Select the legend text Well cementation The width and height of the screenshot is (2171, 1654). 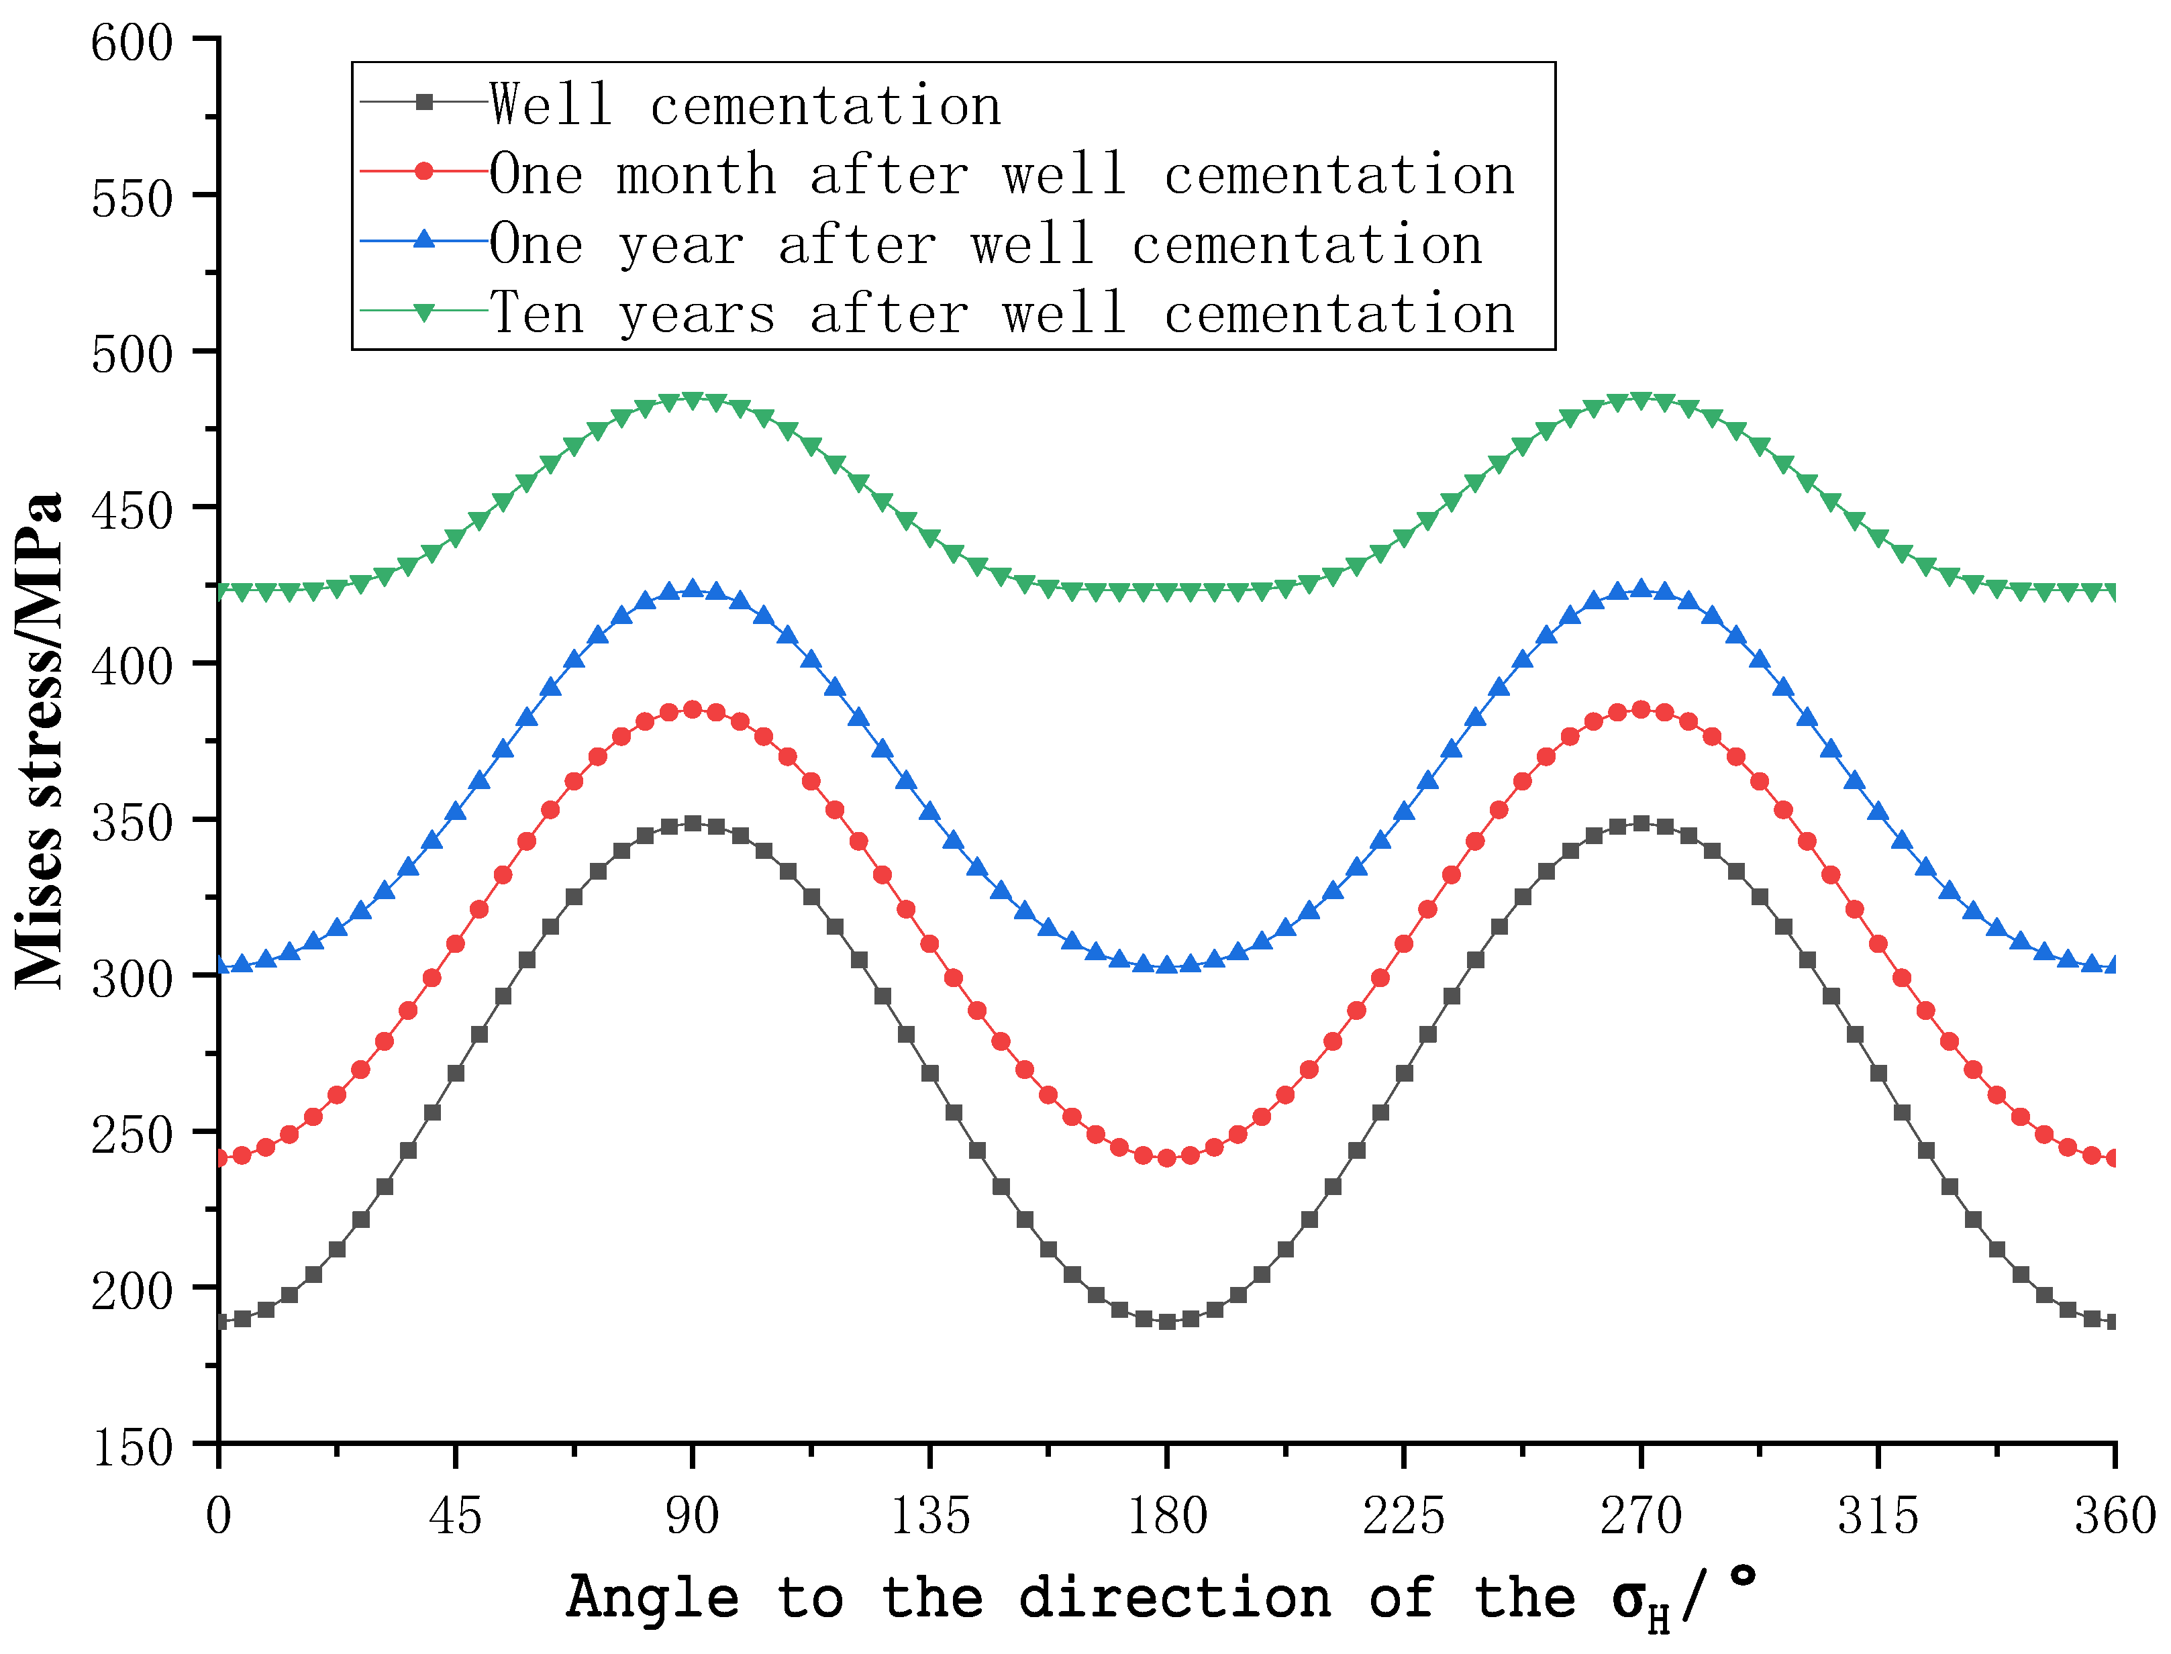[x=746, y=105]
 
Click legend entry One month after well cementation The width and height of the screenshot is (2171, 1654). [x=1001, y=174]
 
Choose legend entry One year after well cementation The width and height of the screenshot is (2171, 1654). [x=986, y=244]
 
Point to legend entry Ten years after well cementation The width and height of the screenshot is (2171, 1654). [x=1001, y=313]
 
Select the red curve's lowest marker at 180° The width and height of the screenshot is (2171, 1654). [x=1167, y=1158]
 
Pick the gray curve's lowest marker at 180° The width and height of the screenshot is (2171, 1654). [x=1167, y=1321]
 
